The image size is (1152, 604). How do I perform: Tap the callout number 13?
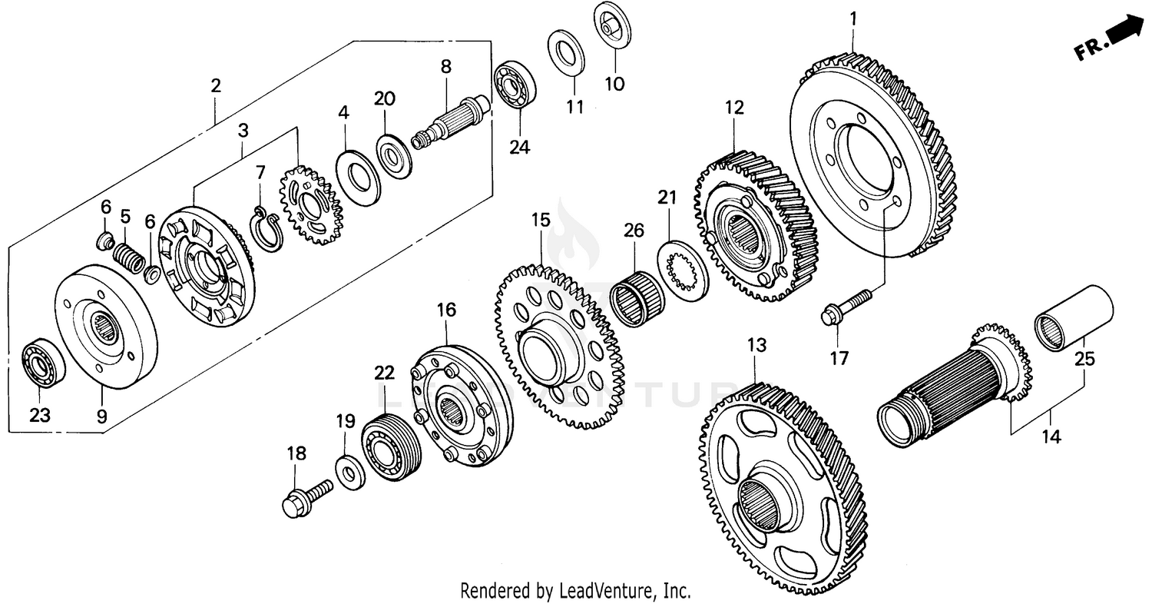756,346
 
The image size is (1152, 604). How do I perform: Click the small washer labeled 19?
349,470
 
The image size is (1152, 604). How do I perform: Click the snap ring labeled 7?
266,231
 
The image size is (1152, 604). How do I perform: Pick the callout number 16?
446,310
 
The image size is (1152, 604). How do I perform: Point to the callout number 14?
1050,437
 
